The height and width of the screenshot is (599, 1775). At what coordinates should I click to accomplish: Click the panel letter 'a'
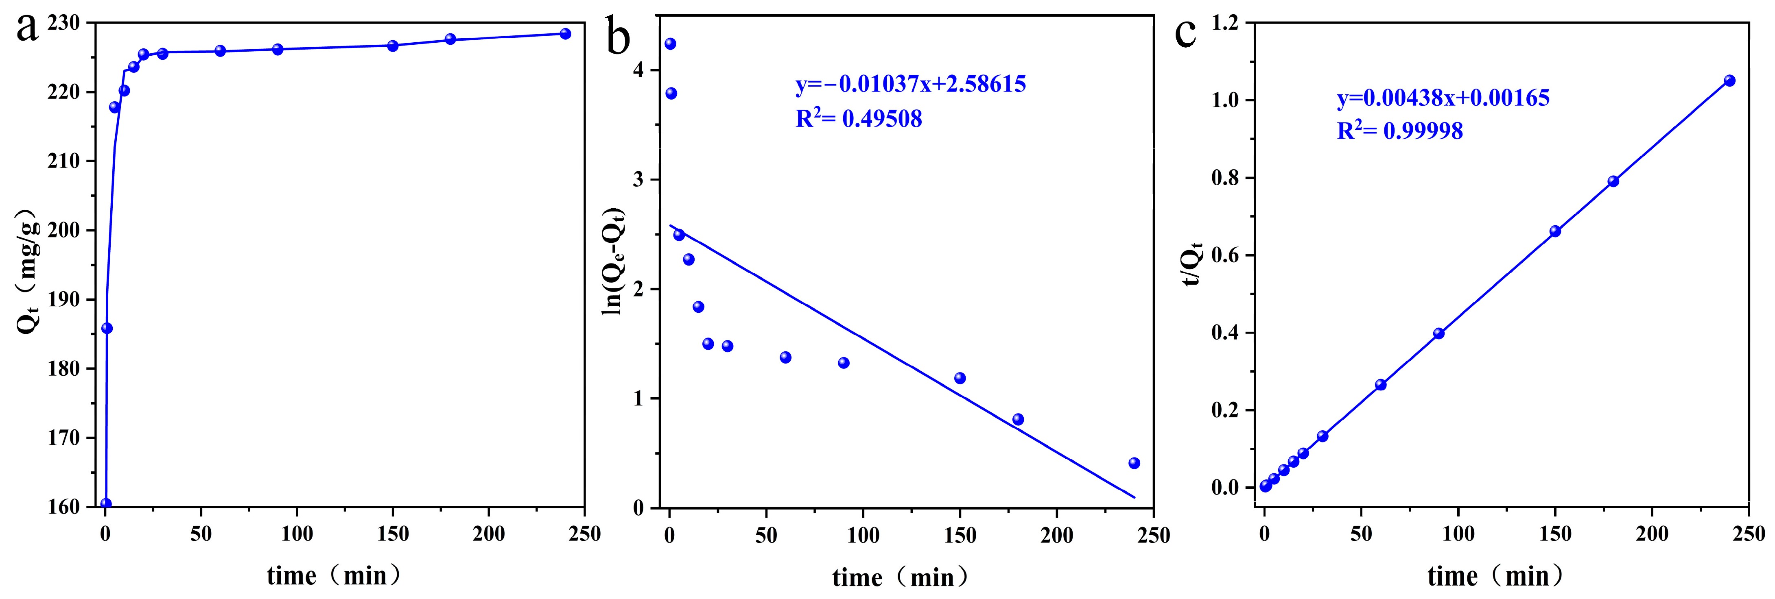pyautogui.click(x=28, y=29)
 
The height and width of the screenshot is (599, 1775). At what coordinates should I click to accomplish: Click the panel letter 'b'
pyautogui.click(x=618, y=38)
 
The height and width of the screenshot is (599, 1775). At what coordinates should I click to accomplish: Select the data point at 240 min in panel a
pyautogui.click(x=565, y=34)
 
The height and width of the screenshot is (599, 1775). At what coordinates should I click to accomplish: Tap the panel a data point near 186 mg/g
pyautogui.click(x=107, y=329)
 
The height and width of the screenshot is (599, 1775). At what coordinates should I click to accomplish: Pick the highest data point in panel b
pyautogui.click(x=670, y=44)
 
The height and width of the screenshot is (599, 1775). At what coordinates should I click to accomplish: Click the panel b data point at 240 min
pyautogui.click(x=1134, y=463)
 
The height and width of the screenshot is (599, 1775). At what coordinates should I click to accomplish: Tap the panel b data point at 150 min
pyautogui.click(x=960, y=378)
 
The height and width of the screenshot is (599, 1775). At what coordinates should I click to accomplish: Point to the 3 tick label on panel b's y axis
pyautogui.click(x=637, y=180)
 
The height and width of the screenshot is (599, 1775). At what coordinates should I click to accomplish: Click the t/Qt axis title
pyautogui.click(x=1192, y=264)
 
